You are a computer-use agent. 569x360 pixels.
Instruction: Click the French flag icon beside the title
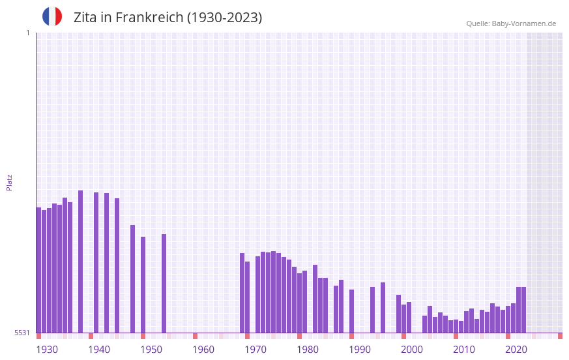click(x=52, y=17)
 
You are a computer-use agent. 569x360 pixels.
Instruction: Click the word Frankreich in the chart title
click(x=149, y=18)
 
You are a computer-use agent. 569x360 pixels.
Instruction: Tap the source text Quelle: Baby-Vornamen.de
click(x=511, y=23)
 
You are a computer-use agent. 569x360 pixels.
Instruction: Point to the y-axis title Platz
click(x=9, y=182)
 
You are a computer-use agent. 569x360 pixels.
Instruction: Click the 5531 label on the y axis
click(x=22, y=333)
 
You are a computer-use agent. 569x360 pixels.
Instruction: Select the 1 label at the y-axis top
click(x=27, y=33)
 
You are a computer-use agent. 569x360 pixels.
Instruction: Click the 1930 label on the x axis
click(x=47, y=350)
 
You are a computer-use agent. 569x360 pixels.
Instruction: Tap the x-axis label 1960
click(x=203, y=350)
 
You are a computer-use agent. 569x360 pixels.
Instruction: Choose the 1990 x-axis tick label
click(x=360, y=350)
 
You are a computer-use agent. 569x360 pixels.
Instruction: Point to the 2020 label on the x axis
click(x=516, y=350)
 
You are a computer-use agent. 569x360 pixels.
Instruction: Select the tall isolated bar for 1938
click(x=80, y=261)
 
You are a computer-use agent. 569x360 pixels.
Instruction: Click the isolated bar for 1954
click(x=164, y=283)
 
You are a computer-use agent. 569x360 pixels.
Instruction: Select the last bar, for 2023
click(x=523, y=310)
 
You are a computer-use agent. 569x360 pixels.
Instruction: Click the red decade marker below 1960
click(x=195, y=336)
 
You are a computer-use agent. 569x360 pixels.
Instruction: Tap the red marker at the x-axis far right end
click(x=560, y=336)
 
